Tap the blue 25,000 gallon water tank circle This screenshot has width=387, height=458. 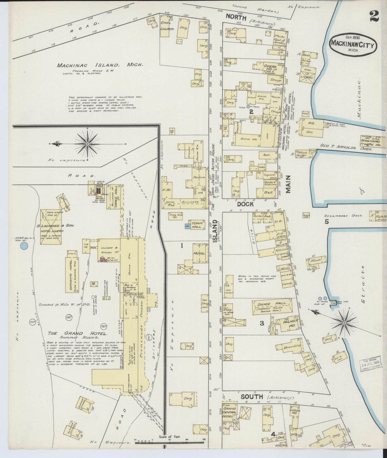coord(24,246)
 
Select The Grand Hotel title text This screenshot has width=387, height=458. coord(78,334)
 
